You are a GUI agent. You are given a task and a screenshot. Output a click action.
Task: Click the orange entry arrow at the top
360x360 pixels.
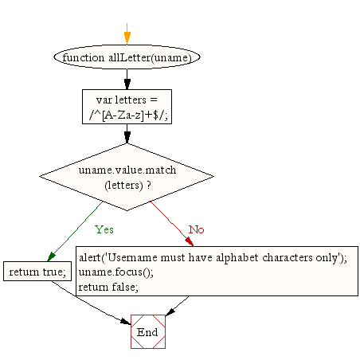[127, 33]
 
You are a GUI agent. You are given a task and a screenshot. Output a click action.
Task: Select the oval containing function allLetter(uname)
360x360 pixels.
[127, 57]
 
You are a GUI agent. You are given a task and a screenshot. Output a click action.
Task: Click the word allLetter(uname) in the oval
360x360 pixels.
[150, 57]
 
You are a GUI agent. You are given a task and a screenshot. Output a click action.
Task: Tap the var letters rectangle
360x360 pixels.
[127, 107]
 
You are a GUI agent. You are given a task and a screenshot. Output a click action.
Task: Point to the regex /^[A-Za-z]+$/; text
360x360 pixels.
[128, 115]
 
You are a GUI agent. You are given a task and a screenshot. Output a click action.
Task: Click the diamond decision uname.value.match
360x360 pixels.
[127, 177]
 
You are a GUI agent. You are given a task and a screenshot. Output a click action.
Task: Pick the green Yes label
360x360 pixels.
[104, 229]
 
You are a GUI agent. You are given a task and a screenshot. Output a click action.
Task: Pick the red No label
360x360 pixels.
[196, 229]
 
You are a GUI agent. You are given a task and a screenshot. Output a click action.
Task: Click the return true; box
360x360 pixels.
[37, 272]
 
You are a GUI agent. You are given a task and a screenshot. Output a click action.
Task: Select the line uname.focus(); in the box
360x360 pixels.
[116, 272]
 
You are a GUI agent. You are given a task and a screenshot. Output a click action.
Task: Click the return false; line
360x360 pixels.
[108, 288]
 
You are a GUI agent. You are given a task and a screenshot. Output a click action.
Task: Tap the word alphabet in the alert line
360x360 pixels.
[237, 258]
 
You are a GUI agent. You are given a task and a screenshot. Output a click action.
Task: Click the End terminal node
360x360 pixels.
[148, 331]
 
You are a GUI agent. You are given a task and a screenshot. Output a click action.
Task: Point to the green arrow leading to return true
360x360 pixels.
[75, 231]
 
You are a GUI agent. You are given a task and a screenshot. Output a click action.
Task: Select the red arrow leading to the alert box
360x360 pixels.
[172, 224]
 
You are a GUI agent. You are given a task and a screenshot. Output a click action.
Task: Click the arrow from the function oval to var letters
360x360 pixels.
[127, 80]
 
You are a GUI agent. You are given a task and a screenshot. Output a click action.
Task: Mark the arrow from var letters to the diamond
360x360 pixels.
[127, 134]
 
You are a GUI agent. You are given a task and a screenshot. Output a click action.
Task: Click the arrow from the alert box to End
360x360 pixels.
[177, 306]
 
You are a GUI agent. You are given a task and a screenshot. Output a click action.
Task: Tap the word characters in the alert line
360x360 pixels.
[288, 257]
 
